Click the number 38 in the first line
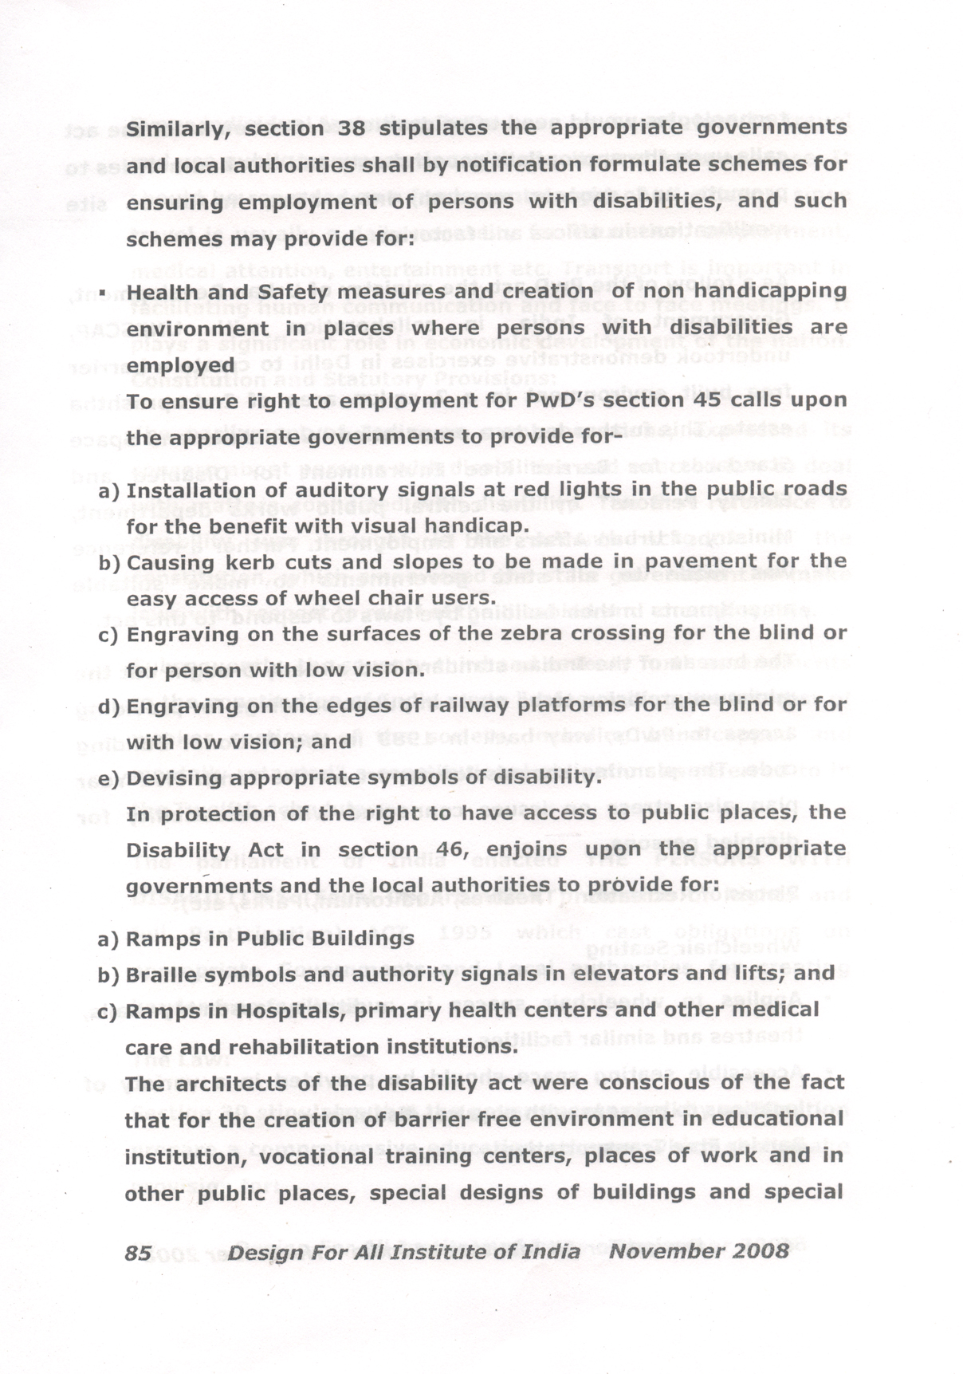[x=352, y=128]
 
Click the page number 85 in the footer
[x=138, y=1252]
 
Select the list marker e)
[x=108, y=779]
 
